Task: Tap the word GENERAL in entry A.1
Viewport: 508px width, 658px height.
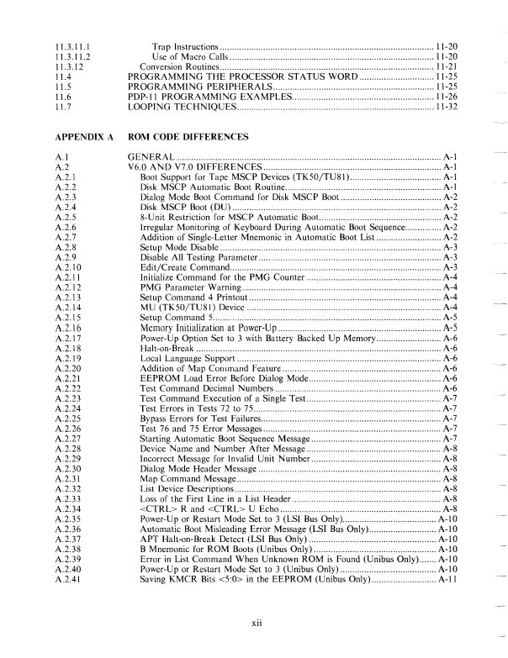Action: point(151,157)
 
